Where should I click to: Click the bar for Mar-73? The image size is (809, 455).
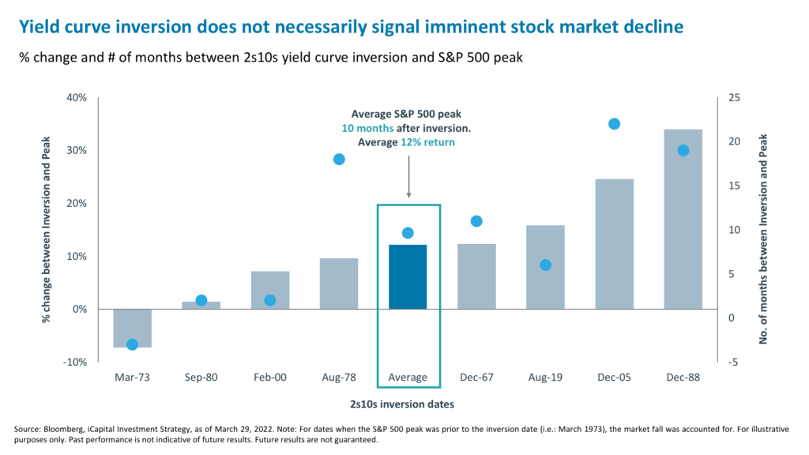click(133, 328)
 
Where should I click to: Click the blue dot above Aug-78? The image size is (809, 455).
click(339, 160)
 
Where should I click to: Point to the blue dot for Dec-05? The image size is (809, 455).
click(614, 124)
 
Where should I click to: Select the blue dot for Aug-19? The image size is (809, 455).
click(545, 265)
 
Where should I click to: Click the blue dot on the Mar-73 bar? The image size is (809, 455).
click(133, 344)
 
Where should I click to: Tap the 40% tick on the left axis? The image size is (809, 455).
click(76, 98)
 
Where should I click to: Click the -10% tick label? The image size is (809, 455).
click(74, 362)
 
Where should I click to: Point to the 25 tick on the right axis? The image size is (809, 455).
click(734, 98)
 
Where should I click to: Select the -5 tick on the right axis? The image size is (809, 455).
click(734, 362)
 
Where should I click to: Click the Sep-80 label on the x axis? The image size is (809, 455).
click(201, 378)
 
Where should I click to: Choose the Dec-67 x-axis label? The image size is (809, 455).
click(476, 378)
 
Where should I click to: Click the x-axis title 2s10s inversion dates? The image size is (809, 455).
click(407, 404)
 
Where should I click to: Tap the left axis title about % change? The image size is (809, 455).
click(47, 229)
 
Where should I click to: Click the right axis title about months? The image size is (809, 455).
click(764, 229)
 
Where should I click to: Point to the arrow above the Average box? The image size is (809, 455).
click(408, 175)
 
